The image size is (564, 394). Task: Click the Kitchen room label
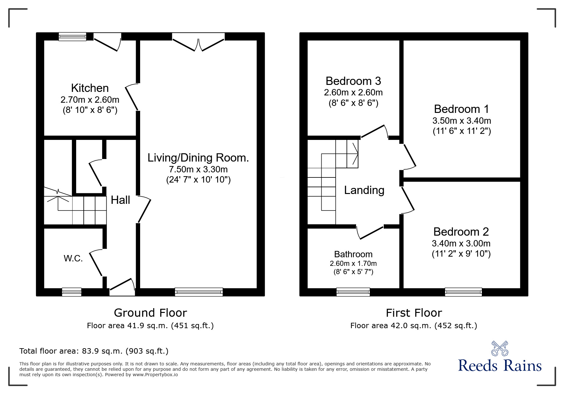(90, 88)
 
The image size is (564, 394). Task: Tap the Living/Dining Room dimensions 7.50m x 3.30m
(198, 169)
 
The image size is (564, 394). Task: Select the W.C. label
(73, 258)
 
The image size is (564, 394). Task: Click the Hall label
(120, 200)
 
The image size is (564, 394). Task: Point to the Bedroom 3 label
(353, 81)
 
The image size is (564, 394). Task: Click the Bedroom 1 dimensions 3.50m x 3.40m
(461, 121)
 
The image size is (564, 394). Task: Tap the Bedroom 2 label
(461, 232)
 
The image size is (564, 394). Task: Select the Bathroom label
(353, 254)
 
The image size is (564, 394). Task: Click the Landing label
(364, 190)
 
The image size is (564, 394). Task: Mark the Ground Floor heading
(150, 313)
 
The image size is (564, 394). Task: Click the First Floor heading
(414, 313)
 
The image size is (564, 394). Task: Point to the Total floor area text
(94, 351)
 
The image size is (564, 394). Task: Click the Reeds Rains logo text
(500, 366)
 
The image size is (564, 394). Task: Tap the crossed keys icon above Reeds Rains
(500, 348)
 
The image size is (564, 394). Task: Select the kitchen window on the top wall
(73, 37)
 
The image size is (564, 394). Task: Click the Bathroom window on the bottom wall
(353, 292)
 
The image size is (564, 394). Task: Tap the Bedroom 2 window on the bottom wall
(463, 292)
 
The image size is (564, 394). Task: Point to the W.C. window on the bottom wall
(72, 292)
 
